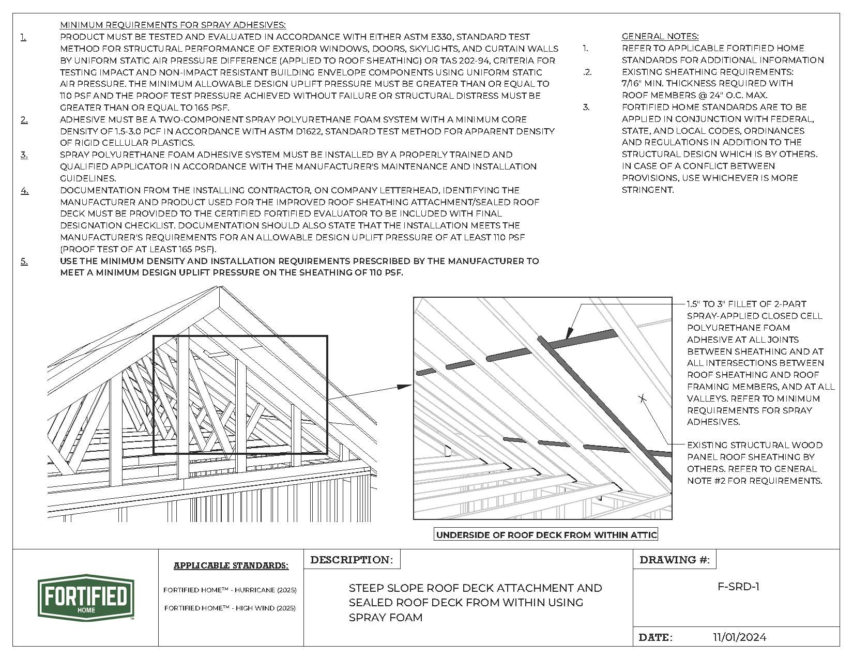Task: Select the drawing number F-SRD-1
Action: point(738,587)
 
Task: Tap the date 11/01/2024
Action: point(739,637)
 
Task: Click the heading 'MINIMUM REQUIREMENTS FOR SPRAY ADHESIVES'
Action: point(173,25)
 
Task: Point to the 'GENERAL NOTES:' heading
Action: point(660,36)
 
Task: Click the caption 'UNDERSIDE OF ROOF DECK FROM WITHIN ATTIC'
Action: point(546,535)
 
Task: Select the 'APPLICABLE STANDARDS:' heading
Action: point(231,565)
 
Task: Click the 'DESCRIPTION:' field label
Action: point(352,560)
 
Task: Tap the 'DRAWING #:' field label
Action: point(674,560)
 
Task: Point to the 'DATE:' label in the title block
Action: point(656,637)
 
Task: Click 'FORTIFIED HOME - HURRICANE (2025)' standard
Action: point(230,590)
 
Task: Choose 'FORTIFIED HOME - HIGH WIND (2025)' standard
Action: point(230,608)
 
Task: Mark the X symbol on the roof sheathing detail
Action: point(642,398)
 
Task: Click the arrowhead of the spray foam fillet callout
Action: point(568,333)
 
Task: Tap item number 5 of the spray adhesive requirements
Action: point(24,261)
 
